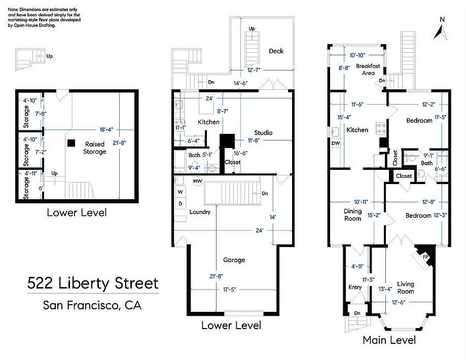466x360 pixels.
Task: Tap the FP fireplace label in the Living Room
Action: pyautogui.click(x=425, y=257)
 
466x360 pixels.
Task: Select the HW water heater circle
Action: pyautogui.click(x=198, y=181)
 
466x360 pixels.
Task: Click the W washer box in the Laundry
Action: pyautogui.click(x=181, y=192)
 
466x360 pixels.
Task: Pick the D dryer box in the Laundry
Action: pyautogui.click(x=181, y=204)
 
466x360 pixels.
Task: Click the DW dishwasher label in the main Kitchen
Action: pyautogui.click(x=336, y=143)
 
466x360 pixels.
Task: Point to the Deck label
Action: pyautogui.click(x=276, y=51)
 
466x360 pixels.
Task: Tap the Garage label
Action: pyautogui.click(x=234, y=260)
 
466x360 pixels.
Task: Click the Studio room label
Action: pyautogui.click(x=263, y=132)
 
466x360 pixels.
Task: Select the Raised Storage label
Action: pyautogui.click(x=94, y=148)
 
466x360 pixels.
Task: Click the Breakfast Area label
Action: pyautogui.click(x=368, y=69)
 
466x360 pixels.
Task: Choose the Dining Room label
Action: pyautogui.click(x=353, y=214)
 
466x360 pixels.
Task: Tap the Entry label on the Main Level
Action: pyautogui.click(x=355, y=287)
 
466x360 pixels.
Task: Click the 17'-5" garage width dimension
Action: pyautogui.click(x=229, y=289)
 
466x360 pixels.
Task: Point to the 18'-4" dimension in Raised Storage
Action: pyautogui.click(x=106, y=130)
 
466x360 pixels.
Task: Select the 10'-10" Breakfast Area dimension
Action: pyautogui.click(x=357, y=55)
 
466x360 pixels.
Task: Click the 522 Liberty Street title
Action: pyautogui.click(x=93, y=283)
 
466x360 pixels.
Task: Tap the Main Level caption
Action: pyautogui.click(x=389, y=340)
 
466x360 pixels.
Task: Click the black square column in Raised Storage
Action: pyautogui.click(x=71, y=143)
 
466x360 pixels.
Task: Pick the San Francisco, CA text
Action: pyautogui.click(x=92, y=305)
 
